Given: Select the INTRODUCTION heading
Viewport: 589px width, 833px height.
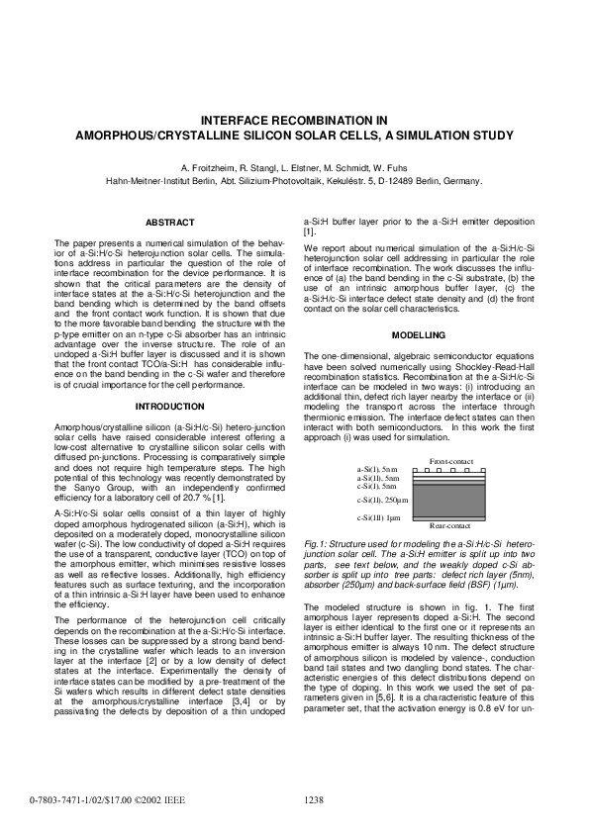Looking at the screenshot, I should coord(169,406).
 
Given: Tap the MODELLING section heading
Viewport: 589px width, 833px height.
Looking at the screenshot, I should coord(420,334).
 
